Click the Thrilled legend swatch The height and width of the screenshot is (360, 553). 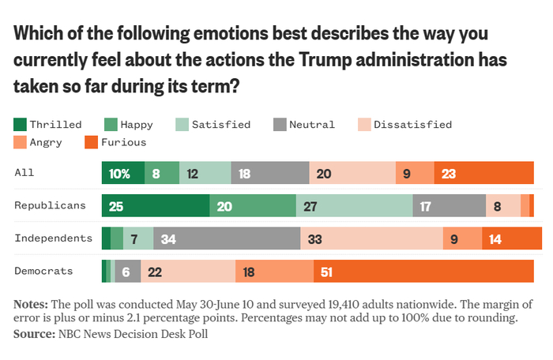[21, 125]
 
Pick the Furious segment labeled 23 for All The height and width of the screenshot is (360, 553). [484, 174]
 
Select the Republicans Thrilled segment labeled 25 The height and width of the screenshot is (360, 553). [156, 205]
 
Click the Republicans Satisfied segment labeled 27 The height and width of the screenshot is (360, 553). [354, 205]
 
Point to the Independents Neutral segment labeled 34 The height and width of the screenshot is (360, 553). [228, 238]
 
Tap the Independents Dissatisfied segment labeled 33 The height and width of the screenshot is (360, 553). [371, 238]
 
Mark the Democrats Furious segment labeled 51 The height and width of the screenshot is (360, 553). [423, 271]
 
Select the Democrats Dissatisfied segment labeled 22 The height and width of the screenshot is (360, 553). [188, 271]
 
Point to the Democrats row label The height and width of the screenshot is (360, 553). [44, 271]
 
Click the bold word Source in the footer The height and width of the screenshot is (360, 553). [32, 334]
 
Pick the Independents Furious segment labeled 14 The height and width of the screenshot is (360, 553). [511, 238]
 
